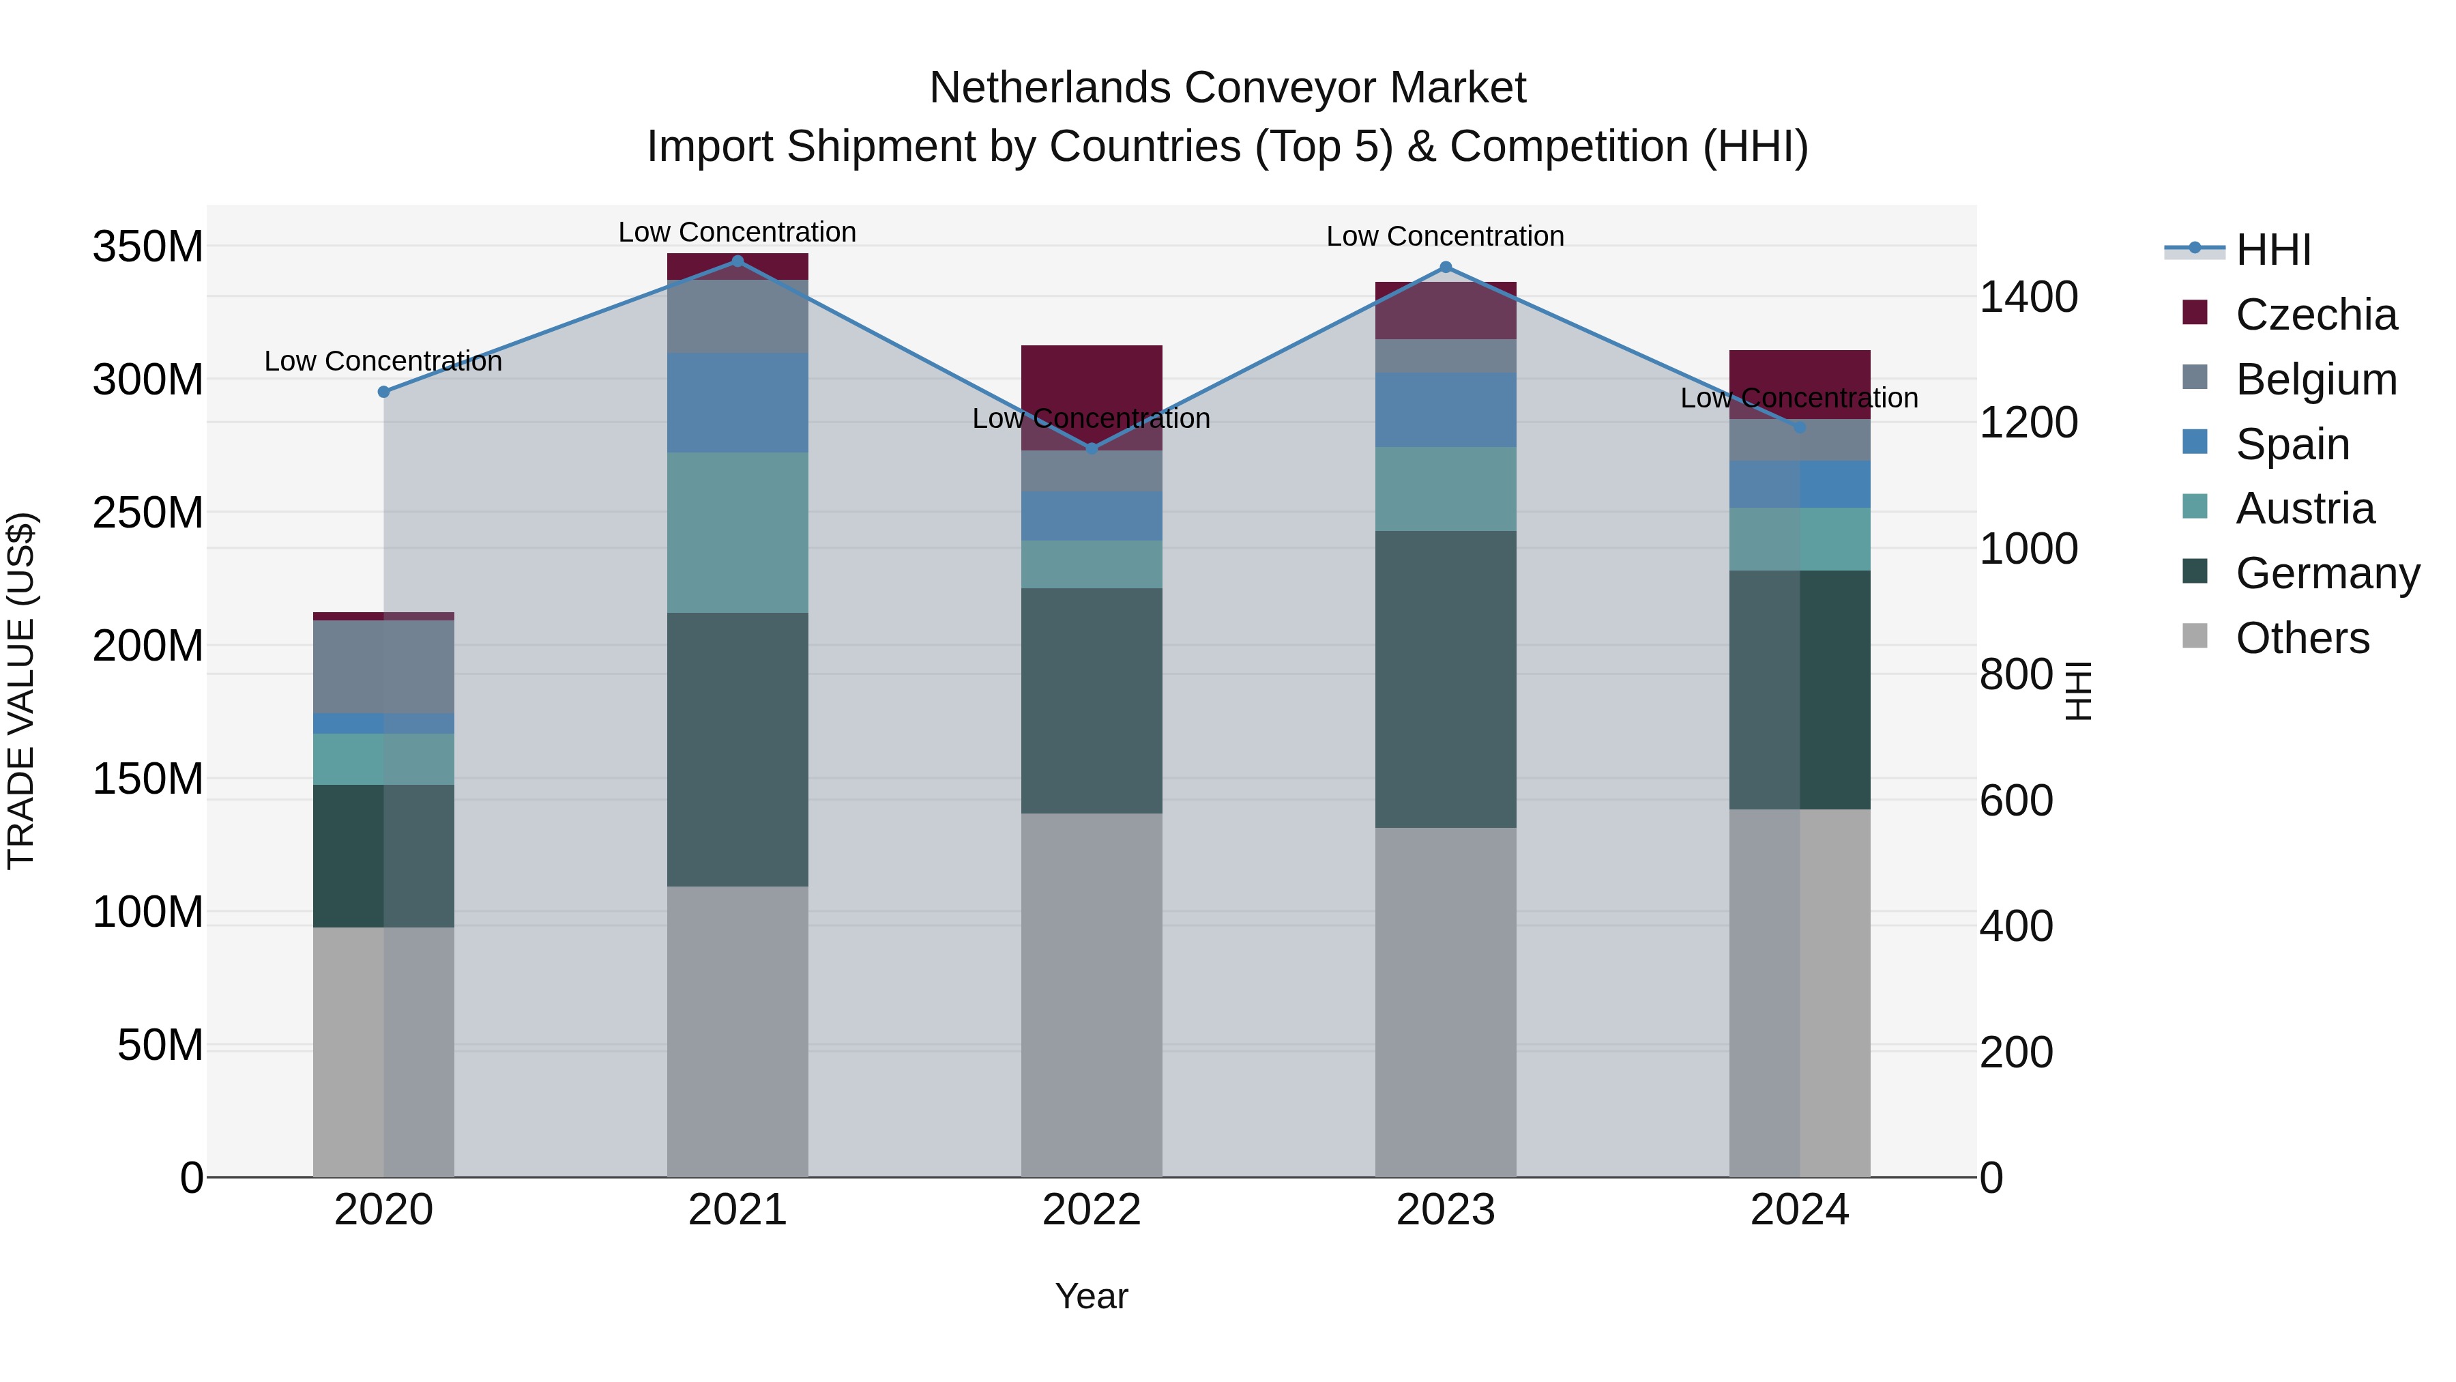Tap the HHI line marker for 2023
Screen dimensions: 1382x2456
(1446, 267)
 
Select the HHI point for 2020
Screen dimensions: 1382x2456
(384, 392)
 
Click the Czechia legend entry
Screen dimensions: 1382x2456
(2315, 315)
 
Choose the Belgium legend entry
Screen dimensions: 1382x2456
(2315, 379)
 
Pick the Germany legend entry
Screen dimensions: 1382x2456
(2326, 573)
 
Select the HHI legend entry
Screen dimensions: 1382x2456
(2272, 250)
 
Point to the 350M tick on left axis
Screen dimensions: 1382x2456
(148, 247)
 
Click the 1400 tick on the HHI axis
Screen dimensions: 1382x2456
(2029, 297)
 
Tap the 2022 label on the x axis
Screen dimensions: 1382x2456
(1092, 1210)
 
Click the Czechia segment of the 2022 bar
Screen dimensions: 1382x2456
(1092, 382)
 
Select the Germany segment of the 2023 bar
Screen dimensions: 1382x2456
(1446, 679)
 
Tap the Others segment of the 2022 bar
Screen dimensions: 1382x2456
(1092, 995)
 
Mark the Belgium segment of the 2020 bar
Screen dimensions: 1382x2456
(384, 667)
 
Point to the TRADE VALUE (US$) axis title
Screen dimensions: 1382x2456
(21, 691)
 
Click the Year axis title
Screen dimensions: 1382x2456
(1092, 1296)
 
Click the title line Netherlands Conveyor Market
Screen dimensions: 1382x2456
(1227, 88)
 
